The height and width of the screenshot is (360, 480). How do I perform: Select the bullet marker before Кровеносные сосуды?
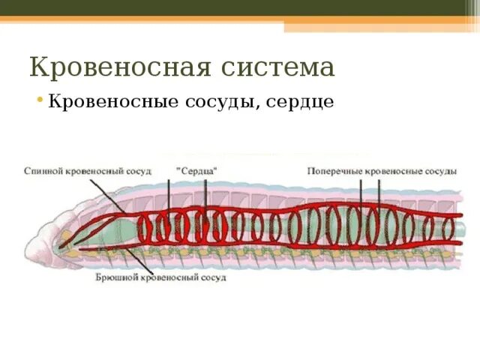[40, 100]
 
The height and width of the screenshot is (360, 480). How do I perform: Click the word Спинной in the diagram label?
[42, 171]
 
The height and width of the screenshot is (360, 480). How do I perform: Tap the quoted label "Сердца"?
[196, 171]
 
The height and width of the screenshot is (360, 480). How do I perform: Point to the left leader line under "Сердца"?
[169, 195]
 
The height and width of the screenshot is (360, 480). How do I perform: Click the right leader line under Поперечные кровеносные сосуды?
[379, 191]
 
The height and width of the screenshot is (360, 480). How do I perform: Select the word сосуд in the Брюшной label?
[211, 277]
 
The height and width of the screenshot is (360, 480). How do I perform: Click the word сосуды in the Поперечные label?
[439, 171]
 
